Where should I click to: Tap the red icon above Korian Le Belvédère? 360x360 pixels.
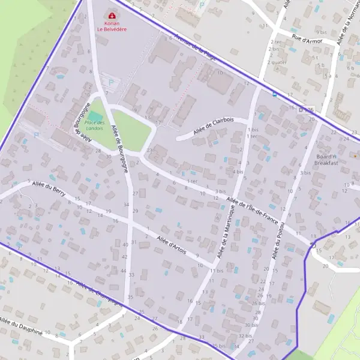(x=111, y=14)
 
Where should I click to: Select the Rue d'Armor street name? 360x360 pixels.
(x=307, y=41)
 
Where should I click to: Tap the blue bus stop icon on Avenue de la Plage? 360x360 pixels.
(x=275, y=94)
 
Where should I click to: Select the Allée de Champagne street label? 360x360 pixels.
(x=99, y=293)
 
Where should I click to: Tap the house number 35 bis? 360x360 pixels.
(x=219, y=346)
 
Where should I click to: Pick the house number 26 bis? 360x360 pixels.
(x=258, y=303)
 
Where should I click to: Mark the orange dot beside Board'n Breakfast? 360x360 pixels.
(x=355, y=155)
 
